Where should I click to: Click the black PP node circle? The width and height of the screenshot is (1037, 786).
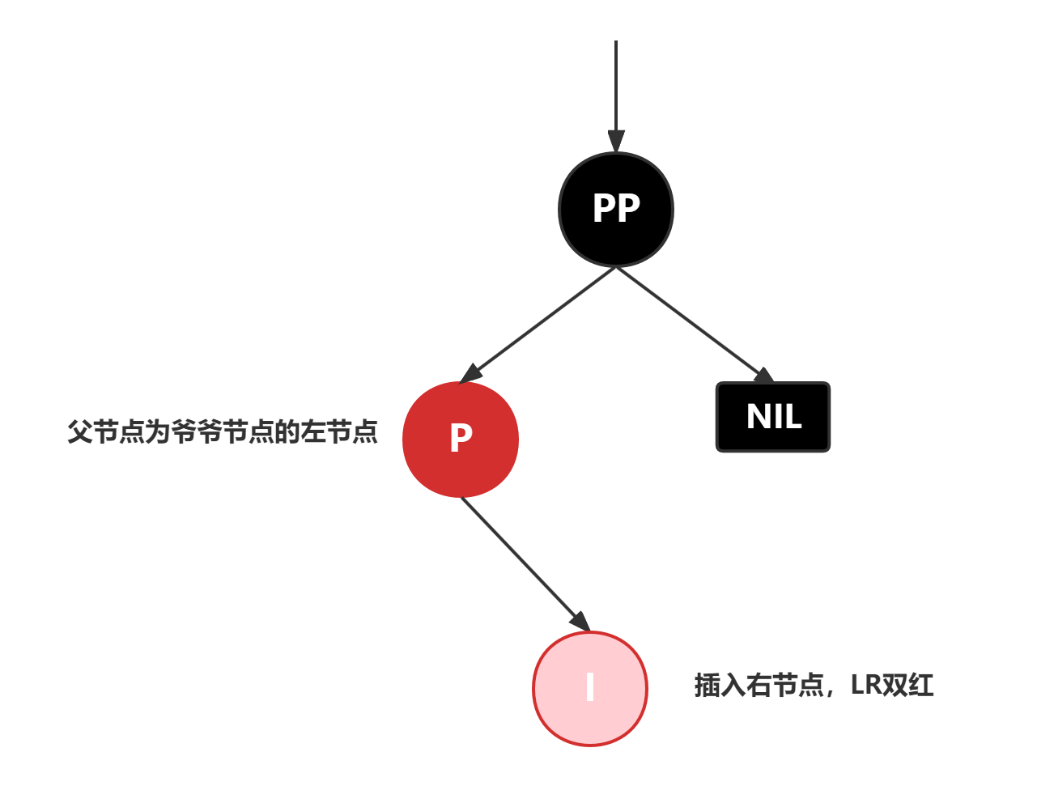point(616,209)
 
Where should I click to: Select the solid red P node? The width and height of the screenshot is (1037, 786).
point(461,440)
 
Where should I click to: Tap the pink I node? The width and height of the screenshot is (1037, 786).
point(590,688)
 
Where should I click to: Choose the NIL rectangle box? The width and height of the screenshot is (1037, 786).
point(773,417)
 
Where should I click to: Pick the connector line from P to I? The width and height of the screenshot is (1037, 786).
point(518,559)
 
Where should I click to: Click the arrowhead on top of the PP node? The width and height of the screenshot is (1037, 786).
point(616,141)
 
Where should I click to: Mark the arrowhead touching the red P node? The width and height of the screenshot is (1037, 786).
point(471,373)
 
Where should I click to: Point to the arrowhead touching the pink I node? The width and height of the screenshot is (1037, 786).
point(580,620)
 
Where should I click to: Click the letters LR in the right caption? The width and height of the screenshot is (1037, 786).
point(866,686)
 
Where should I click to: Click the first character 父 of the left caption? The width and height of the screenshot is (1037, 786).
point(79,432)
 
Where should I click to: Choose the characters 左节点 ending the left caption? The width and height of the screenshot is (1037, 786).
point(338,432)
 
